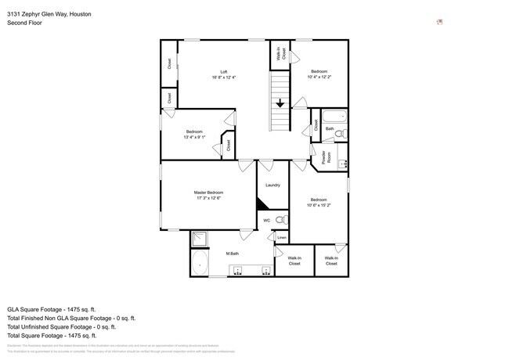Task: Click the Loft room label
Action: (x=224, y=72)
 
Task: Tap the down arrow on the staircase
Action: (x=280, y=103)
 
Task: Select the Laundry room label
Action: (x=273, y=185)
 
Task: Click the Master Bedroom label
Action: (x=209, y=193)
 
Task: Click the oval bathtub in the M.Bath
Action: (x=200, y=263)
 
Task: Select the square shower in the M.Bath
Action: (x=200, y=239)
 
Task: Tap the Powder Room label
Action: (x=323, y=157)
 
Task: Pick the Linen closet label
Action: (x=281, y=237)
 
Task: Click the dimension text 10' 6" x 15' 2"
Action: (x=318, y=205)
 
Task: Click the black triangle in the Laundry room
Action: (x=264, y=203)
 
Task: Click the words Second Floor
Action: (x=24, y=23)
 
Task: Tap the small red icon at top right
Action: (x=439, y=22)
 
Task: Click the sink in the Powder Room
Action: (x=341, y=164)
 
